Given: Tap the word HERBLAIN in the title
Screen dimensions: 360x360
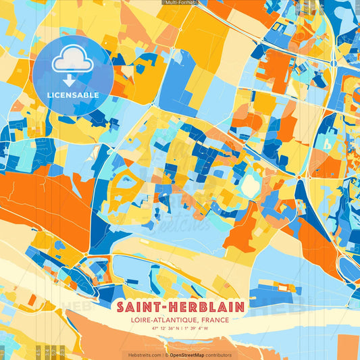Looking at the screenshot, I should tap(207, 307).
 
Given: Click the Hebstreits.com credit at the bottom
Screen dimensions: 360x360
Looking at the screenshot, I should tap(144, 355).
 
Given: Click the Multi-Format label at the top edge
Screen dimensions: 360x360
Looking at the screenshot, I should tap(180, 3).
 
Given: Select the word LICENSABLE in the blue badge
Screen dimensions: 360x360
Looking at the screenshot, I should tap(72, 95).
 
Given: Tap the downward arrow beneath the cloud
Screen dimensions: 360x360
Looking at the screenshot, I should tap(72, 76).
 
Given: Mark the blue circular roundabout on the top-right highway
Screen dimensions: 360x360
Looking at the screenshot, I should tap(334, 63).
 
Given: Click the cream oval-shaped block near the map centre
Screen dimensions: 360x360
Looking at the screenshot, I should tap(251, 183).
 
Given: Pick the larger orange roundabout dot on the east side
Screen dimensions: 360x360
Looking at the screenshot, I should tap(298, 177).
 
